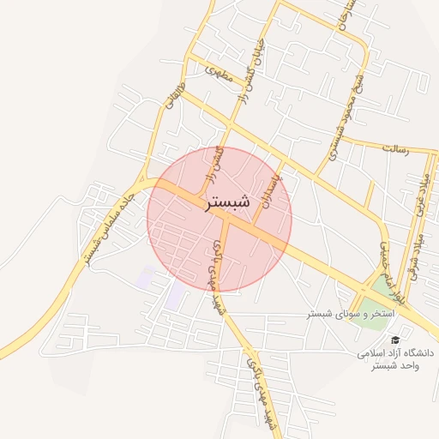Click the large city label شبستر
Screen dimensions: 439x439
[x=227, y=204]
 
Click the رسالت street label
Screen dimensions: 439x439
[x=395, y=148]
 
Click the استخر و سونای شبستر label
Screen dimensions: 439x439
[x=351, y=314]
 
